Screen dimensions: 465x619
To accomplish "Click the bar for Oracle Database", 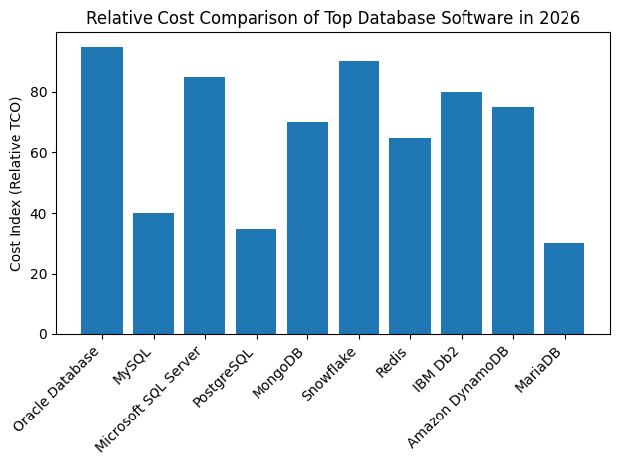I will pos(102,190).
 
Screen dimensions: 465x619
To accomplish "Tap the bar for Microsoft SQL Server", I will pos(204,206).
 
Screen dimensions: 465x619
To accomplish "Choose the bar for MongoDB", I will pos(307,228).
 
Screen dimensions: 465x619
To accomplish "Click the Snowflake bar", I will pos(359,198).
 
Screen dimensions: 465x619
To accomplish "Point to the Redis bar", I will pos(410,235).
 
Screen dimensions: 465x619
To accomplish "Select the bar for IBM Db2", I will pos(462,213).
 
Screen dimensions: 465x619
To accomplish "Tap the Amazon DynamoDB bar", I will pos(513,221).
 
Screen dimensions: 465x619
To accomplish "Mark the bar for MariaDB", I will pos(564,289).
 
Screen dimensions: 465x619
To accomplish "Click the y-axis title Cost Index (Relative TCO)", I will pos(17,190).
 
